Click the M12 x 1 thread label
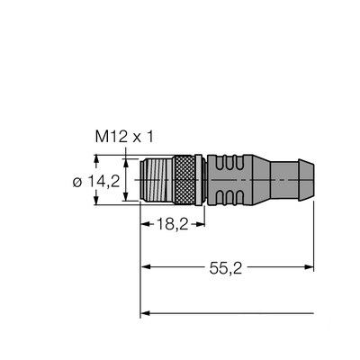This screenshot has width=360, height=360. [126, 137]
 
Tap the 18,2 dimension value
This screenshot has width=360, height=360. [170, 220]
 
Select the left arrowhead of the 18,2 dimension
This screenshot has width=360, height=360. [146, 220]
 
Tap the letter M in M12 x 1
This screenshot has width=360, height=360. [102, 137]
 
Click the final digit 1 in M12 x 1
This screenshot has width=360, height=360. [152, 137]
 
